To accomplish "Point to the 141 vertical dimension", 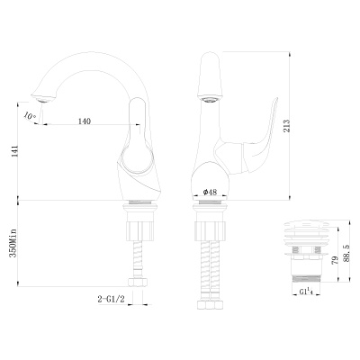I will [x=12, y=154].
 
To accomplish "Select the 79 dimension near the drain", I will [x=335, y=261].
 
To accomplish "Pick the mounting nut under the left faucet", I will [x=141, y=218].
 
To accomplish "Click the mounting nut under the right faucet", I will [x=211, y=218].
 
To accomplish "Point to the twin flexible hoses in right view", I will [x=211, y=265].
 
